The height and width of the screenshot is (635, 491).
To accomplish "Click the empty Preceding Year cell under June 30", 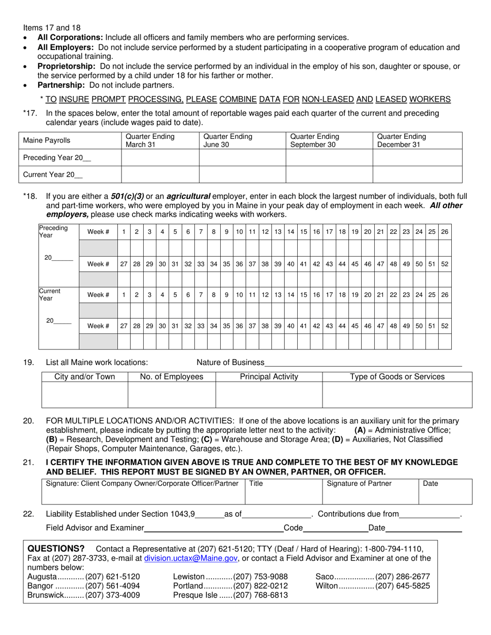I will coord(242,158).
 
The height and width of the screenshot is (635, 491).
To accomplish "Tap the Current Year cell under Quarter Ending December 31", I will coord(417,174).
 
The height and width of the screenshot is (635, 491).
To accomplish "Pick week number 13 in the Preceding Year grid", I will coord(278,232).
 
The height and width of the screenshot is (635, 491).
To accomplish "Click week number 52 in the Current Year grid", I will coord(444,326).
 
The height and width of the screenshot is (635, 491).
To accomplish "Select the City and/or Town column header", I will coord(85,377).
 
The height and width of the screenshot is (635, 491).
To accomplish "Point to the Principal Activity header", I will coord(269,377).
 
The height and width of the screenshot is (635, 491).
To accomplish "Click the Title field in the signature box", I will coord(283,491).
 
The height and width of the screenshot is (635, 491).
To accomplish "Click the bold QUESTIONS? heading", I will coord(56,548).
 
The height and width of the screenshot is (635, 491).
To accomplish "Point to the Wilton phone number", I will coord(402,586).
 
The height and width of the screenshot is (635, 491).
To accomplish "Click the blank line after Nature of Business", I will coord(363,363).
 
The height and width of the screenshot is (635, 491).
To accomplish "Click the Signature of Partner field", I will coord(370,491).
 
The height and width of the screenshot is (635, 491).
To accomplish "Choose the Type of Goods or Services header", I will coord(397,377).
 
